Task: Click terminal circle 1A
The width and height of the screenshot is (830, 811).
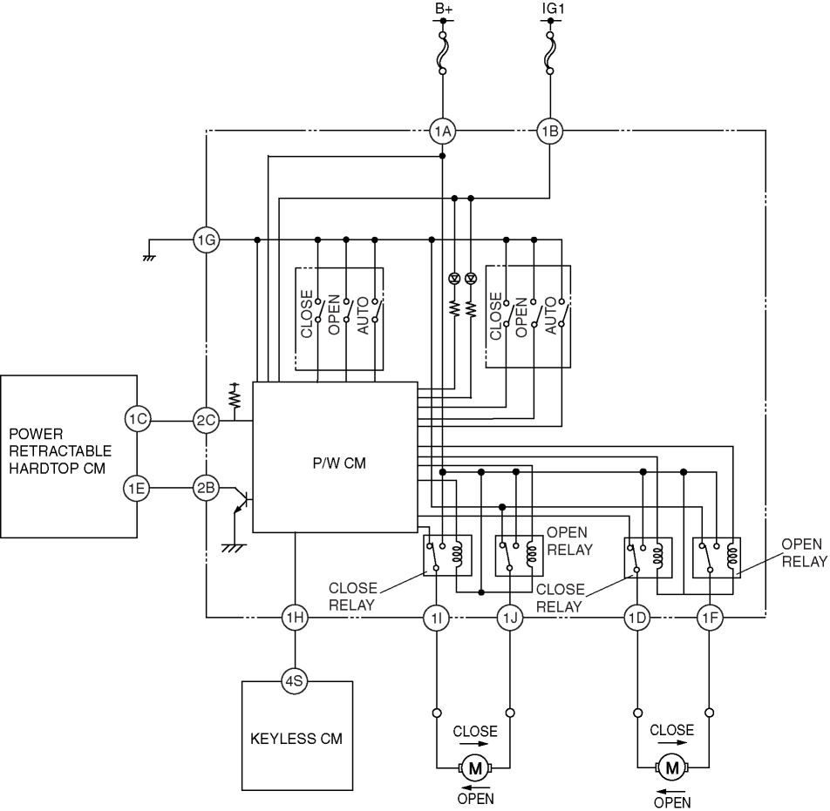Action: click(x=443, y=131)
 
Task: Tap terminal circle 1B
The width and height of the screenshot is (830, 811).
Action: click(x=550, y=131)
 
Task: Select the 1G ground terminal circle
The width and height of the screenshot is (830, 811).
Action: click(x=206, y=240)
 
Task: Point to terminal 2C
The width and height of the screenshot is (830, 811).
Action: click(x=206, y=421)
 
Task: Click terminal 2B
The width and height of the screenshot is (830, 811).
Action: click(x=206, y=488)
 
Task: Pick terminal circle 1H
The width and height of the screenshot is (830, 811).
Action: click(x=295, y=617)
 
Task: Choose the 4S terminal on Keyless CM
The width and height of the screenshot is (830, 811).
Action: click(x=295, y=681)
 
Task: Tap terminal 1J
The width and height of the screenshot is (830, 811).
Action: click(x=510, y=618)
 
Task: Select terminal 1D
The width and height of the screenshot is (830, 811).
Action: click(x=636, y=618)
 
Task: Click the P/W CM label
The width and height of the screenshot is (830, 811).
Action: click(x=339, y=463)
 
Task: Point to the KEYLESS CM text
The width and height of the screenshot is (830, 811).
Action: click(x=296, y=739)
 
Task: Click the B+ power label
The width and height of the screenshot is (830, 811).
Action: click(x=444, y=9)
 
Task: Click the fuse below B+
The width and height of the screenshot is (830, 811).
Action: click(x=443, y=53)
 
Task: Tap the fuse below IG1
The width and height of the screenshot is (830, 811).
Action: click(x=550, y=53)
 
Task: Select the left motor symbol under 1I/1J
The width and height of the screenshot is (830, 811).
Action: click(x=475, y=768)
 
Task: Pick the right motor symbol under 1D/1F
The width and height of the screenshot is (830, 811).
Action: click(x=672, y=767)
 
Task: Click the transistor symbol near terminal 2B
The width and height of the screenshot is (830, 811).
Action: click(x=241, y=500)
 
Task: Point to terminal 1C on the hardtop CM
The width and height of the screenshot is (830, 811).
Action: click(x=138, y=419)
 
